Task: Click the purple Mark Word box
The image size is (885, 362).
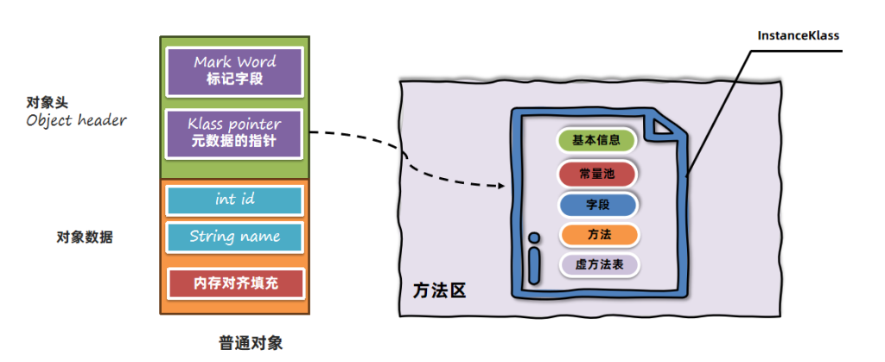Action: point(235,71)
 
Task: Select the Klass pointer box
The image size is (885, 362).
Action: point(235,133)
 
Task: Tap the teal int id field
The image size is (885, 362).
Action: point(235,200)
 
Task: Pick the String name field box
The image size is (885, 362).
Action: point(235,237)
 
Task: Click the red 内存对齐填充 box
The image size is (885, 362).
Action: point(235,282)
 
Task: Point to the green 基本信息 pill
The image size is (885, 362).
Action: point(597,140)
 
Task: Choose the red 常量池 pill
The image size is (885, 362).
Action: point(597,173)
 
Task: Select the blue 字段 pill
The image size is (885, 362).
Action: point(597,205)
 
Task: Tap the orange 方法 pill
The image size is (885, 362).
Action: point(597,234)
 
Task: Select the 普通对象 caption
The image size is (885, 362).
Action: point(251,342)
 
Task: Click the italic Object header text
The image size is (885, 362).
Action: point(76,121)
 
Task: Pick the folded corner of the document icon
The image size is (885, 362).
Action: point(663,126)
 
